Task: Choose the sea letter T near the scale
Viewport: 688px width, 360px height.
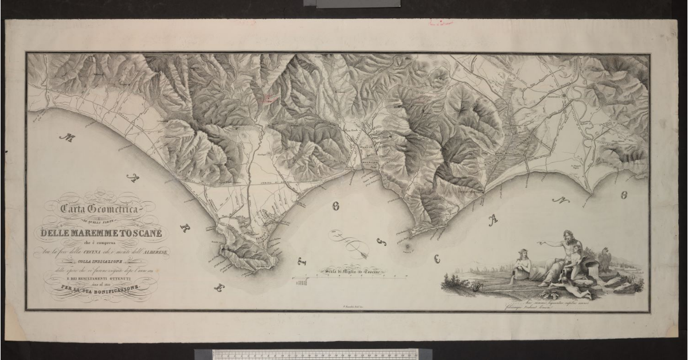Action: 305,261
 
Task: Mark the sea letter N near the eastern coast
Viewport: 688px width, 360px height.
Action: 556,200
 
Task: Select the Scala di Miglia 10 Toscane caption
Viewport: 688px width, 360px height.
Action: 354,272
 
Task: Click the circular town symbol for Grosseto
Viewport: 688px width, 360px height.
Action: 564,95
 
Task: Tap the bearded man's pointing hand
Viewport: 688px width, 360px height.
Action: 540,244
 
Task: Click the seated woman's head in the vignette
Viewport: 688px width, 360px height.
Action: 522,252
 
